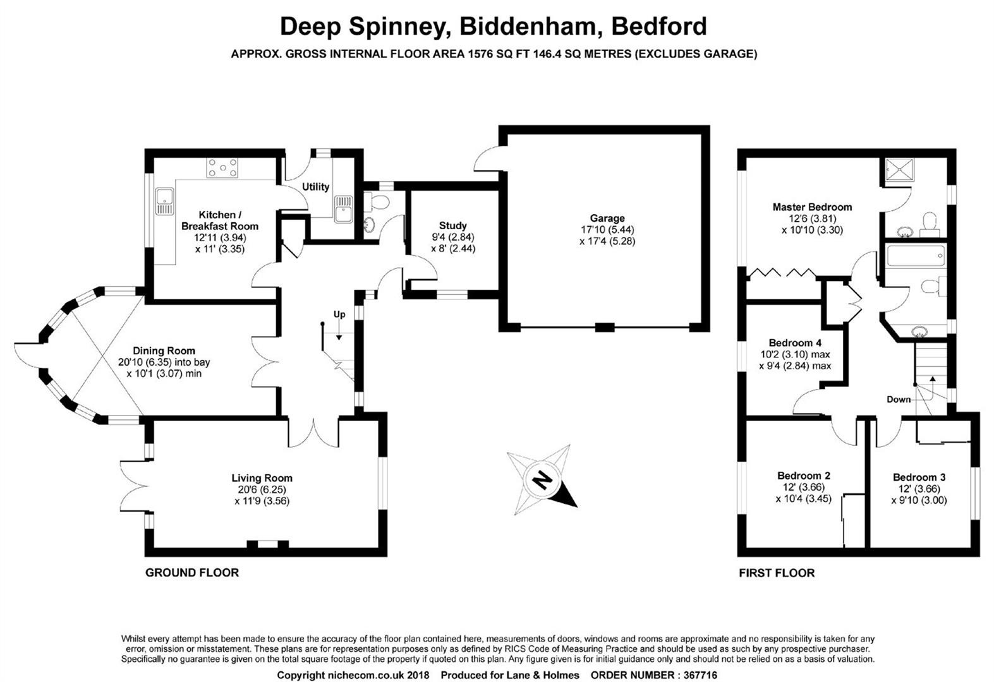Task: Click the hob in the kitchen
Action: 222,168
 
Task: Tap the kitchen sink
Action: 165,201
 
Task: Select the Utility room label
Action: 315,187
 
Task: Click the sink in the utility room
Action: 344,208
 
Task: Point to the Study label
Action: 452,225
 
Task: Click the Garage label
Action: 607,218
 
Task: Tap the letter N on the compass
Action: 542,480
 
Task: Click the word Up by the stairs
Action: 339,315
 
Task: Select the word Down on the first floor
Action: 899,400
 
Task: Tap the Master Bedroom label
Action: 812,207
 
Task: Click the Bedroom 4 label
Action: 795,343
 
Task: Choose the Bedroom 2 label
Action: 804,476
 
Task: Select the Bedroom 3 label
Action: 919,477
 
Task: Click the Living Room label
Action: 262,478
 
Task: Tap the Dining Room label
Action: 164,350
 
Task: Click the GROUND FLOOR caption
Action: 192,573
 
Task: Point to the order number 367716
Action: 700,675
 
